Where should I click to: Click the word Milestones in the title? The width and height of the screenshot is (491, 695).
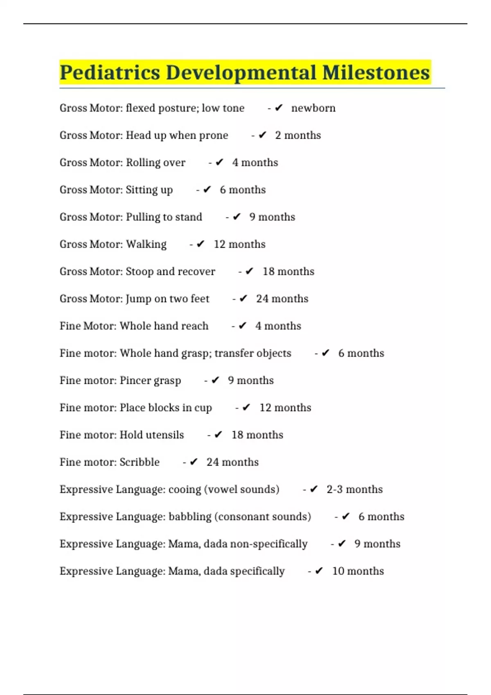376,73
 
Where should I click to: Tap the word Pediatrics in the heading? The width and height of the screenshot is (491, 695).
110,73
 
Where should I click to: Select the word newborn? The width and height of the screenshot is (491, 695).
313,108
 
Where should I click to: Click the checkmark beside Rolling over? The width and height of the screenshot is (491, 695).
219,162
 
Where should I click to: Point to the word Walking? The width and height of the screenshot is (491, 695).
146,244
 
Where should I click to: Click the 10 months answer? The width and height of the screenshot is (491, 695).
358,571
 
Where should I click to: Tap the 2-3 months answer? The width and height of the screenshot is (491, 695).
354,489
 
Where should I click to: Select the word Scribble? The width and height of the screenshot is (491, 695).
140,462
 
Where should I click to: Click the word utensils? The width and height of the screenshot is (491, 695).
164,435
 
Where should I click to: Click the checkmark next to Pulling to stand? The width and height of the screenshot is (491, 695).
236,217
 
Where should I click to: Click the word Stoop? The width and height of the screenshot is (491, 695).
139,271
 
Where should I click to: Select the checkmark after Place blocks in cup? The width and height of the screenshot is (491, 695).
246,408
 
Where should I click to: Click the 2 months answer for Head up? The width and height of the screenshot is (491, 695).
298,135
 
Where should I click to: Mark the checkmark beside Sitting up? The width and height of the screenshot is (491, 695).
207,190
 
